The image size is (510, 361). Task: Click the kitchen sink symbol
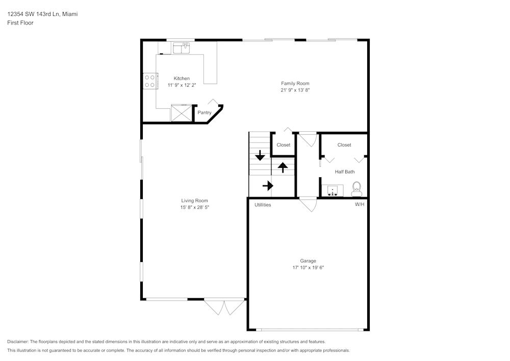coord(181,48)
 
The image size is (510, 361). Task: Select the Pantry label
coord(205,113)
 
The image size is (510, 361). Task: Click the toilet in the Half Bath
coord(356,189)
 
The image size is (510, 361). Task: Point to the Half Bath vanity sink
coord(332,191)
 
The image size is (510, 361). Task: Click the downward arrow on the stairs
coord(260,156)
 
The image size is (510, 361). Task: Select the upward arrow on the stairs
coord(283,167)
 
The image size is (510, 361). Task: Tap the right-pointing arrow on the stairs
coord(267,186)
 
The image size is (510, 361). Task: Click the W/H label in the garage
coord(360,205)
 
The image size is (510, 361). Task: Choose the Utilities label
coord(263,205)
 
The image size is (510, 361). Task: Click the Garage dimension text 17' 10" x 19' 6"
coord(308,267)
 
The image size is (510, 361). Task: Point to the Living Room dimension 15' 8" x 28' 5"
coord(194,207)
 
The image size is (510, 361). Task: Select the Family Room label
coord(295,83)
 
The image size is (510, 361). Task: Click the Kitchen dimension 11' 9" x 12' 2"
coord(182,85)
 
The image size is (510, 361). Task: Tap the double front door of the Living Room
coord(224,306)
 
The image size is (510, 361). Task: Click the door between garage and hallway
coord(308,204)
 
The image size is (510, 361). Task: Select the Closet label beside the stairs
coord(283,145)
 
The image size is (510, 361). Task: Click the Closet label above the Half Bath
coord(344,145)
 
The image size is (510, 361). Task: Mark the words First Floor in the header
coord(20,23)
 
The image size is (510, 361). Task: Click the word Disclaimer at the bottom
coord(18,342)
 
